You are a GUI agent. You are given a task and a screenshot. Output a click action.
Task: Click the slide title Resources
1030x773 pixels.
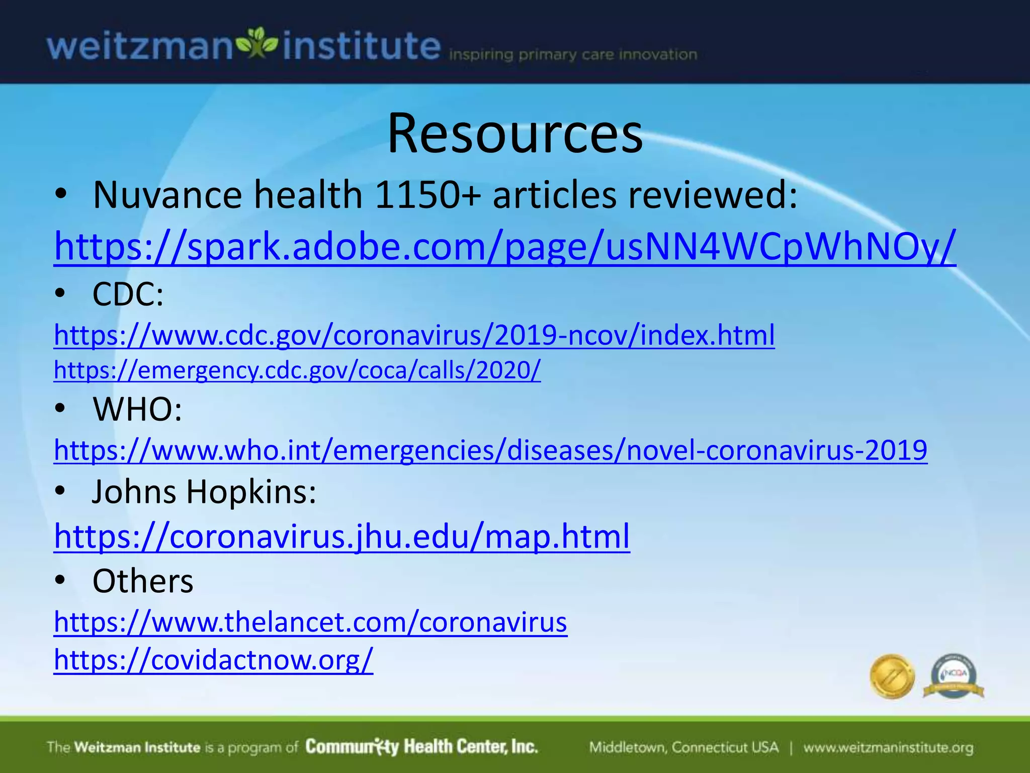pyautogui.click(x=514, y=134)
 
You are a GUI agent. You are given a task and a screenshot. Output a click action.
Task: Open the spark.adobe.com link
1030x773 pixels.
pyautogui.click(x=504, y=247)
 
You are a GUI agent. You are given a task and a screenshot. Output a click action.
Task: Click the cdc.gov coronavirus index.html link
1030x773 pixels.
pyautogui.click(x=414, y=335)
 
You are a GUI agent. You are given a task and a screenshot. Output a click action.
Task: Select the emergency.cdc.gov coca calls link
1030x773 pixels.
pyautogui.click(x=297, y=370)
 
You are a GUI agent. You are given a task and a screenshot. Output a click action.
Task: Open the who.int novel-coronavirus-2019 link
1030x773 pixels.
pyautogui.click(x=490, y=450)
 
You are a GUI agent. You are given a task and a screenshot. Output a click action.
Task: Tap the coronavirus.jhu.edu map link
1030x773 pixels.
pyautogui.click(x=341, y=536)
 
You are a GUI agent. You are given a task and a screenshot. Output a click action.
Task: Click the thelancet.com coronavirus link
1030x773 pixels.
pyautogui.click(x=310, y=622)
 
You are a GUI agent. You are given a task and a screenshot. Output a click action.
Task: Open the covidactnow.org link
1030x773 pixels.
pyautogui.click(x=213, y=659)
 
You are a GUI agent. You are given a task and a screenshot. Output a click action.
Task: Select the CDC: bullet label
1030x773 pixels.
pyautogui.click(x=128, y=294)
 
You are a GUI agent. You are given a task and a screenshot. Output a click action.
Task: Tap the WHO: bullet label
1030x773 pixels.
pyautogui.click(x=137, y=409)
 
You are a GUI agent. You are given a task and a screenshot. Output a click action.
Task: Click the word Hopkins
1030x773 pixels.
pyautogui.click(x=251, y=491)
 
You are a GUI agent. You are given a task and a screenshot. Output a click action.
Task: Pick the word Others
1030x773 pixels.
pyautogui.click(x=143, y=581)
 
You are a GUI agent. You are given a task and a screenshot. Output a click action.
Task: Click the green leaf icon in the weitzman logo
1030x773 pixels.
pyautogui.click(x=257, y=44)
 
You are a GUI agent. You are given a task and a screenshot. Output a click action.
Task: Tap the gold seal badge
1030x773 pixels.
pyautogui.click(x=892, y=676)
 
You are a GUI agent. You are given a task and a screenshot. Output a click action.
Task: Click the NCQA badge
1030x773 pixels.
pyautogui.click(x=954, y=676)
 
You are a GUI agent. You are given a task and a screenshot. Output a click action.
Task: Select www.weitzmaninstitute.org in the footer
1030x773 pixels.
pyautogui.click(x=888, y=748)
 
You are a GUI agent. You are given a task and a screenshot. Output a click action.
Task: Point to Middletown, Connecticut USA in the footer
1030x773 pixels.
pyautogui.click(x=683, y=748)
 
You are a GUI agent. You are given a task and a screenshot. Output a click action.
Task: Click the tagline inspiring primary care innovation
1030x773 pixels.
pyautogui.click(x=573, y=54)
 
